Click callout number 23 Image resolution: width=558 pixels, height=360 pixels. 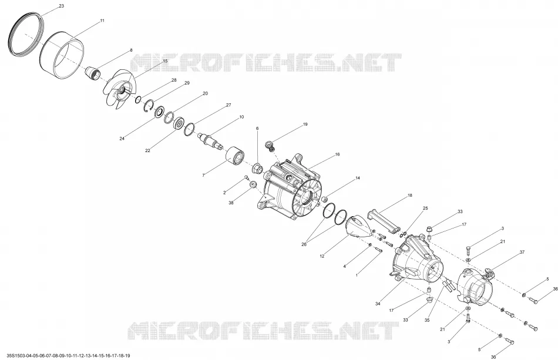61,6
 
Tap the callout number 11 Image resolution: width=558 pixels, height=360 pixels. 102,21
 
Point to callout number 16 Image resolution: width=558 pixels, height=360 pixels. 337,154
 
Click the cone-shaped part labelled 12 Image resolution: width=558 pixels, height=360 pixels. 358,227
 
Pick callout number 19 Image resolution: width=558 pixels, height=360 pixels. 305,125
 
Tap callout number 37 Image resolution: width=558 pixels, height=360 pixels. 522,252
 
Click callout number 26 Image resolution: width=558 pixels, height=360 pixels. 304,244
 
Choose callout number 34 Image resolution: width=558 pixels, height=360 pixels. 378,304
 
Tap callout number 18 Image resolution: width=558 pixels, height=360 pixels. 410,196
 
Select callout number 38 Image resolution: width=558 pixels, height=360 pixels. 231,203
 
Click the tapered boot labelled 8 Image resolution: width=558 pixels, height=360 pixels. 93,73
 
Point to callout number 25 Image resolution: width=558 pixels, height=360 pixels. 425,208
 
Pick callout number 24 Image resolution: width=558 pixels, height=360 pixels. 122,139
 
